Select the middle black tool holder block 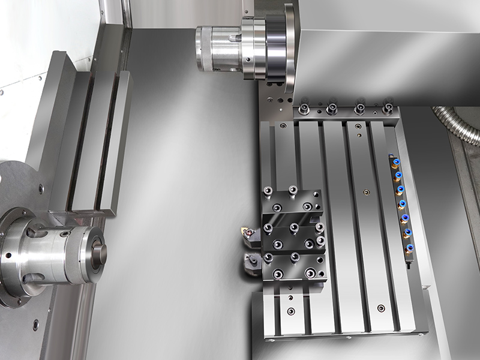pyautogui.click(x=294, y=236)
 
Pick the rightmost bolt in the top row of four pyautogui.click(x=387, y=109)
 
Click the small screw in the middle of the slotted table pyautogui.click(x=366, y=193)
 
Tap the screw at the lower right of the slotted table pyautogui.click(x=380, y=308)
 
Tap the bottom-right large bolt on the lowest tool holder pyautogui.click(x=311, y=274)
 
